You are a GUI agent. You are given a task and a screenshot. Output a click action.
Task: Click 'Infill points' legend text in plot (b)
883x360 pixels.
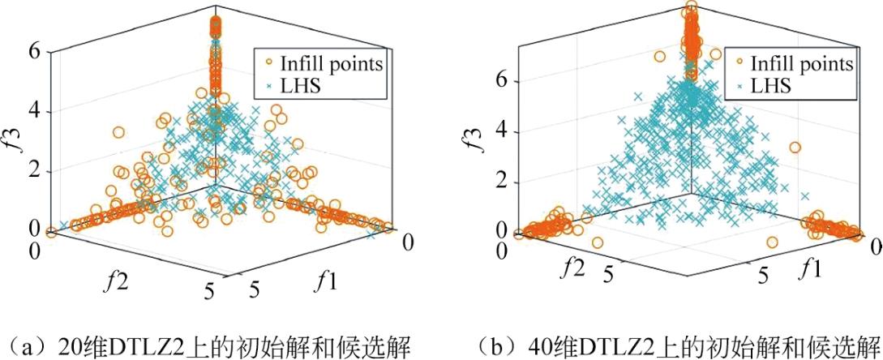802,63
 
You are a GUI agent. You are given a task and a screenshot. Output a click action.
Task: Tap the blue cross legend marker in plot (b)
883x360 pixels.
739,84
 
